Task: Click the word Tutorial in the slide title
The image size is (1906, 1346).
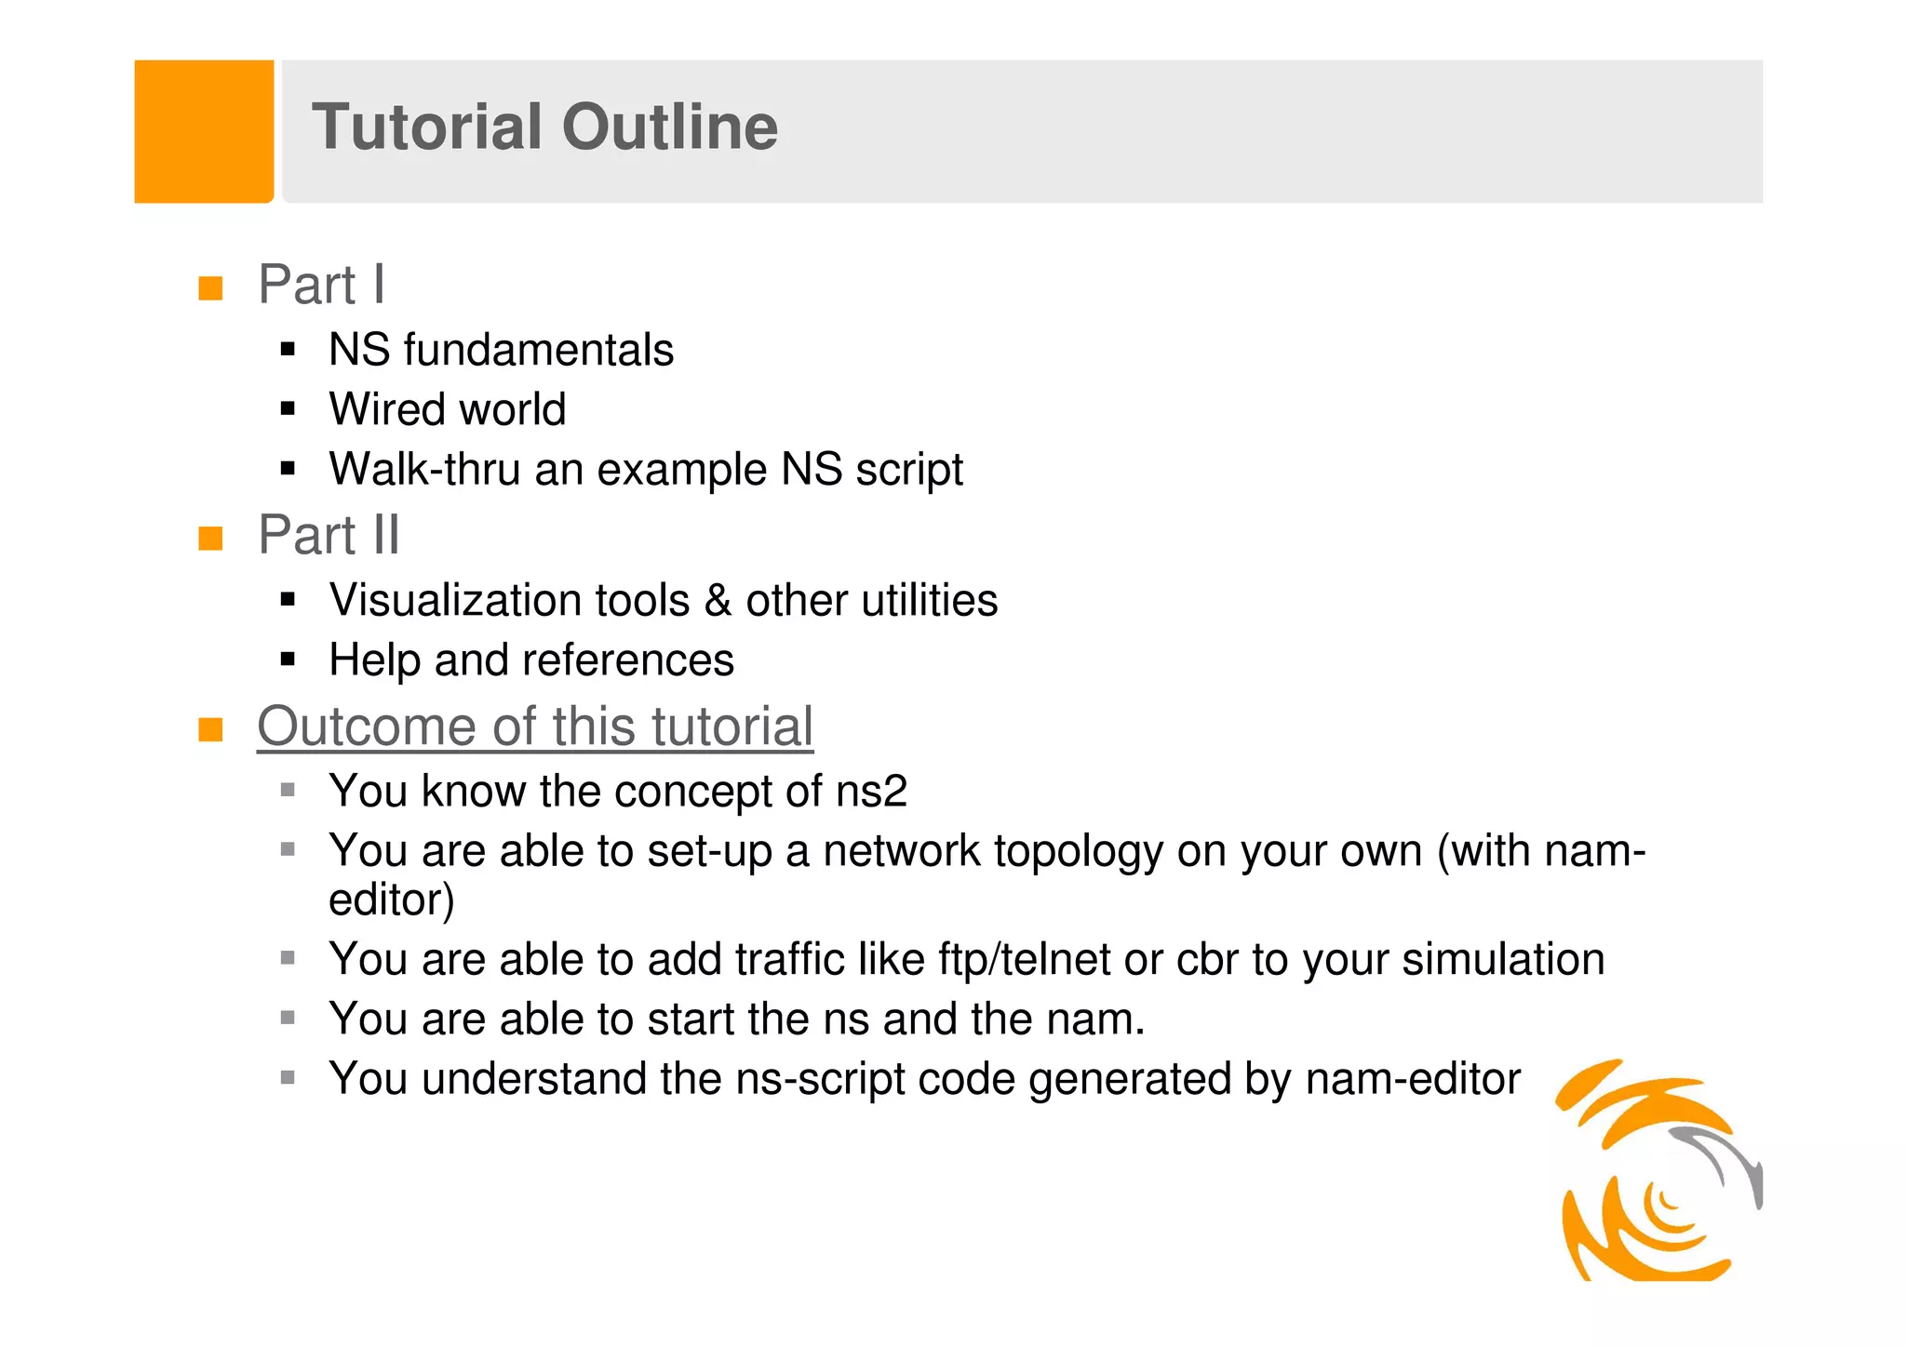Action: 426,127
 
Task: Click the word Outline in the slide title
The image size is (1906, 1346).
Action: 670,127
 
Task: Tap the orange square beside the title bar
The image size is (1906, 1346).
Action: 204,131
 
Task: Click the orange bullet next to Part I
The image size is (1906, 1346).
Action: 211,287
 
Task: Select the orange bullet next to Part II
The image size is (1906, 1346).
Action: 211,538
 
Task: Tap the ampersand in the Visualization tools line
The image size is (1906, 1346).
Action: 718,601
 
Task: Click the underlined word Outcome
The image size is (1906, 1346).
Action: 367,726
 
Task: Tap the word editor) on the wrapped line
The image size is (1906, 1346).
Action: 392,900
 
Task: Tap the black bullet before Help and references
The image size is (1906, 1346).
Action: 288,660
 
